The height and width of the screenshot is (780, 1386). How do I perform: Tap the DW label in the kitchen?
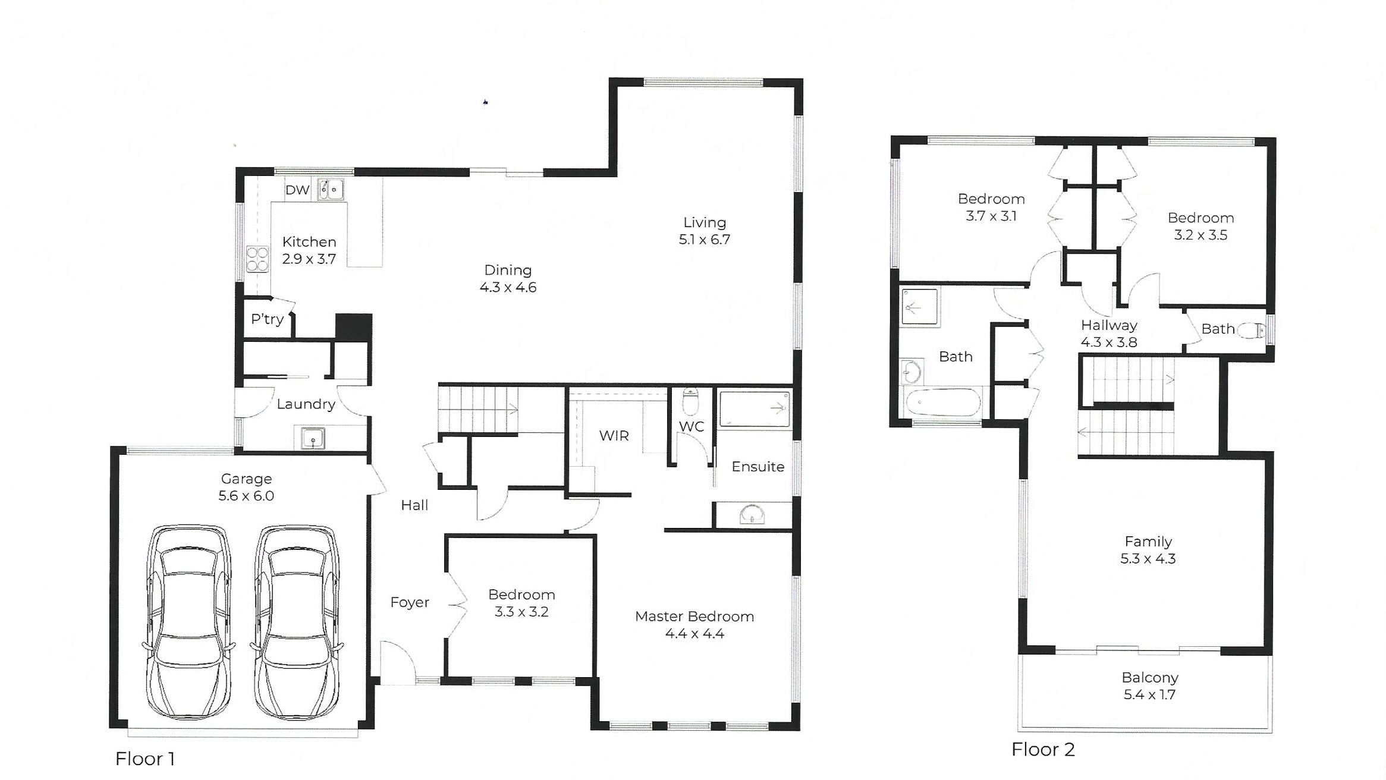point(297,190)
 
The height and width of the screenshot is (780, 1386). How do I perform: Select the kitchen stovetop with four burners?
point(257,259)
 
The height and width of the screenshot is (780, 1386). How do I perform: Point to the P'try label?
point(267,319)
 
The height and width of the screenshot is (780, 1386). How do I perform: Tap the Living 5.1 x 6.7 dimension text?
point(705,240)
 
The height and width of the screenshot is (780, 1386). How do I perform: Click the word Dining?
point(508,271)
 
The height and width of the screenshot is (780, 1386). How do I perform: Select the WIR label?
point(614,436)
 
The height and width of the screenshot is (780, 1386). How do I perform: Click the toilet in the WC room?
point(690,402)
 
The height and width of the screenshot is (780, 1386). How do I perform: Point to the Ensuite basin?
point(752,514)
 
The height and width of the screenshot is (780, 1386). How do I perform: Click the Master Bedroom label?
point(694,617)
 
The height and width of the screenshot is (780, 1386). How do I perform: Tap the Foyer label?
point(410,602)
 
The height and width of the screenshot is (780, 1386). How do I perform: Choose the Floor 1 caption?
point(145,759)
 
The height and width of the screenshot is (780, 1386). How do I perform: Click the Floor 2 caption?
point(1044,750)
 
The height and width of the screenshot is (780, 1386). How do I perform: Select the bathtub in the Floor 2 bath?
point(942,402)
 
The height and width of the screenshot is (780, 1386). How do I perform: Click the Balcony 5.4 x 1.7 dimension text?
point(1149,694)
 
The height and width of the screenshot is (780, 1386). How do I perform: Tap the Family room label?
point(1148,542)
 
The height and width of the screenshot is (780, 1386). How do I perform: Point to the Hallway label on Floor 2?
point(1109,325)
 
